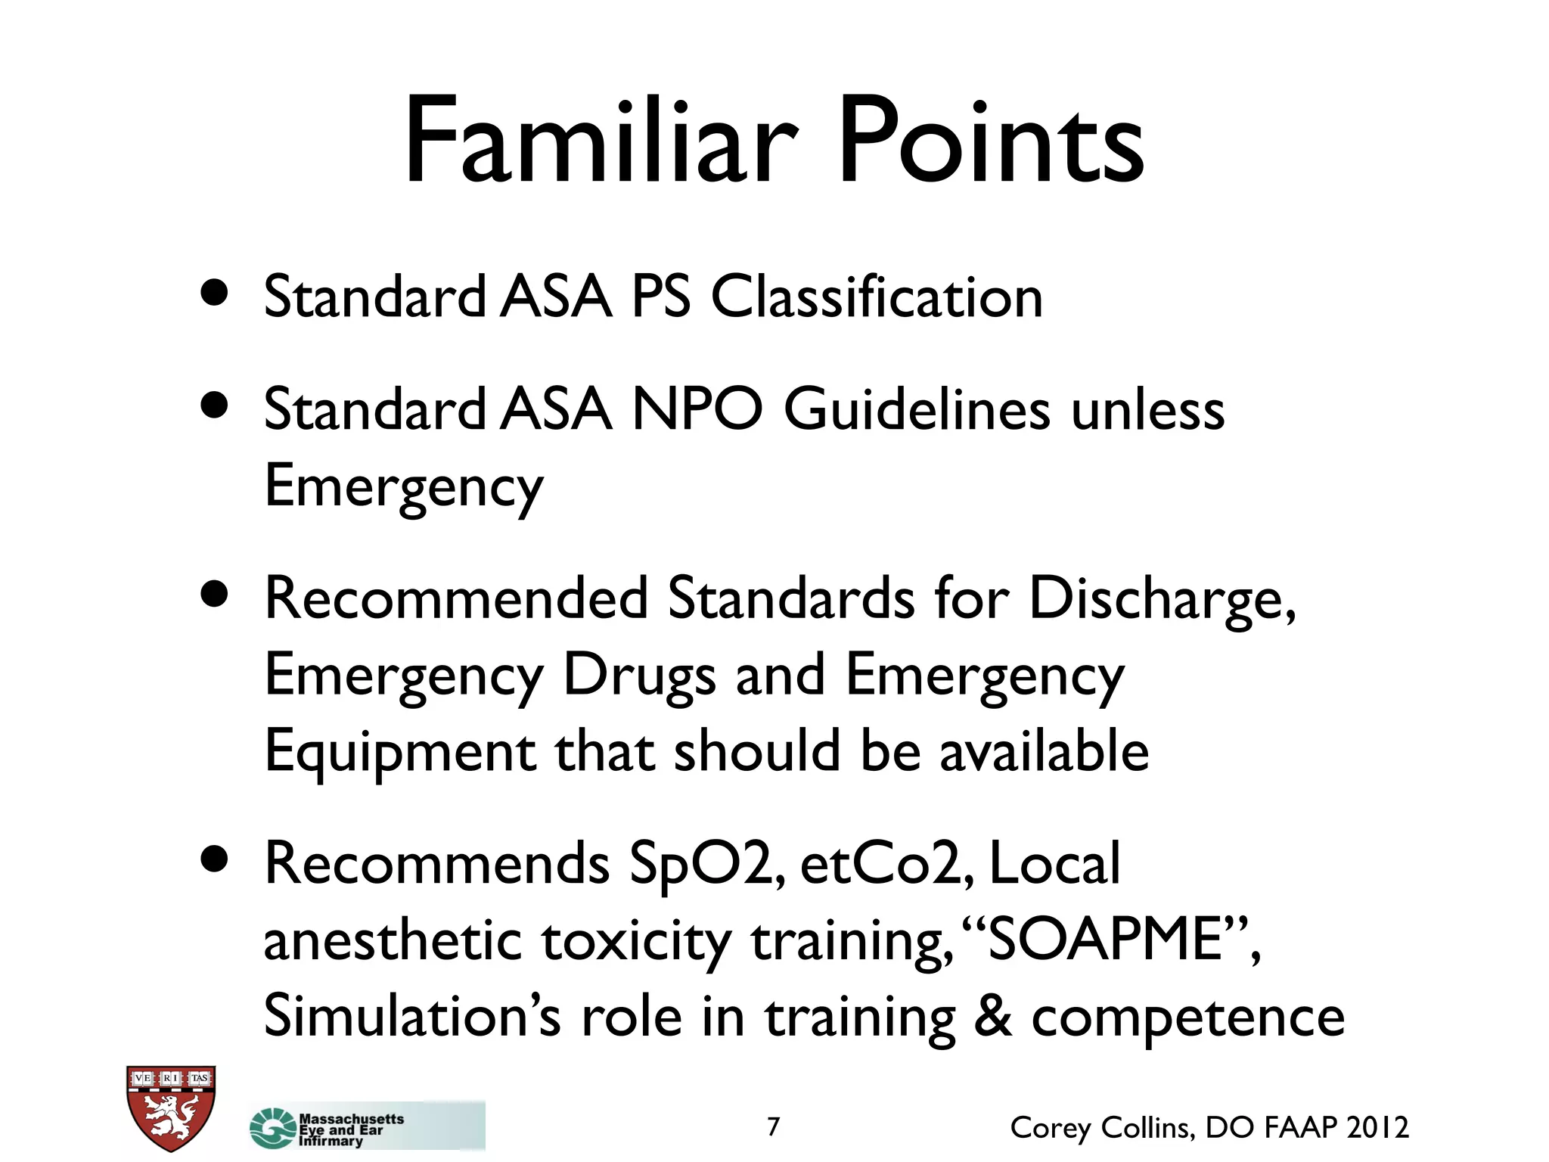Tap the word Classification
(877, 297)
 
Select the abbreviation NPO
(697, 410)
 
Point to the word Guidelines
(917, 410)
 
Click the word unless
(1147, 410)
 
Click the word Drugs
(639, 676)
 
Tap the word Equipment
(400, 753)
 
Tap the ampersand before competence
(992, 1016)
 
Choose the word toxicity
(636, 942)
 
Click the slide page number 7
(773, 1126)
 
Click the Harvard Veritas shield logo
(171, 1108)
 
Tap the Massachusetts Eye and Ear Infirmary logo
(367, 1128)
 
